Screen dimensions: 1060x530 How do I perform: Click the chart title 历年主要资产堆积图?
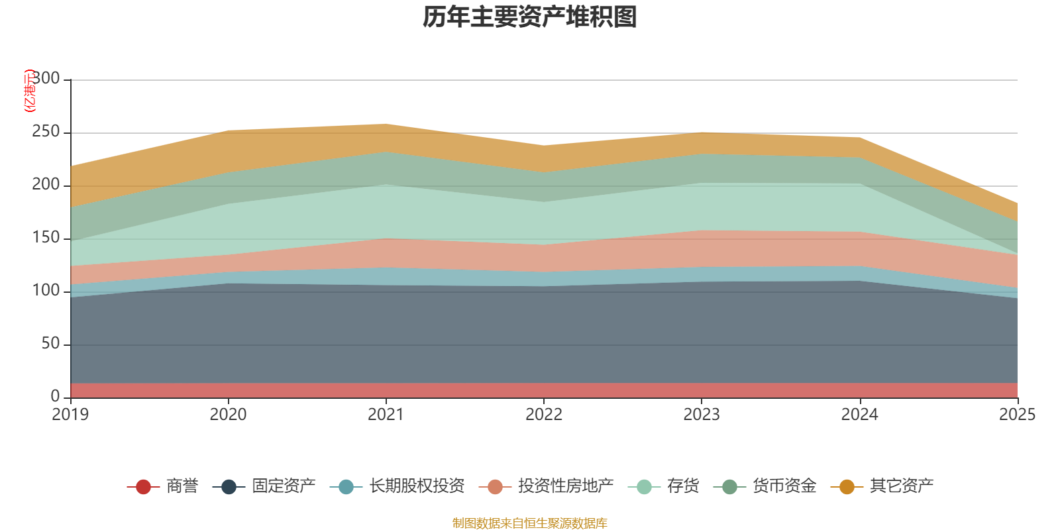[x=529, y=17]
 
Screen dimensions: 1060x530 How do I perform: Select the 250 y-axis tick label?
[x=46, y=131]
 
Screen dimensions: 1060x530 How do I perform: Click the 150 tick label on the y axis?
[x=46, y=237]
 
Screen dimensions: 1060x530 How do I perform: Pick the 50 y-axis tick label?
[x=50, y=343]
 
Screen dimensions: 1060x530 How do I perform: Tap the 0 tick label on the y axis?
[x=56, y=396]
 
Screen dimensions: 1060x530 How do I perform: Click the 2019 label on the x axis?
[x=70, y=415]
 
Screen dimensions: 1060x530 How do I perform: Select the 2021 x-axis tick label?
[x=386, y=415]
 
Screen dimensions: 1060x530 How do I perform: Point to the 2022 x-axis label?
[x=544, y=415]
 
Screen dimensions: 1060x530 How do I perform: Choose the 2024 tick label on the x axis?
[x=860, y=415]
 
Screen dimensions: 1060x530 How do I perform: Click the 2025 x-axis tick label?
[x=1018, y=415]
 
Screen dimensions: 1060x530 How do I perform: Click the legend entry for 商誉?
[x=163, y=486]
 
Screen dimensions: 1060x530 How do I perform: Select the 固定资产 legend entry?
[x=264, y=486]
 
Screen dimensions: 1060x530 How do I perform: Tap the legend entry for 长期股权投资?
[x=397, y=486]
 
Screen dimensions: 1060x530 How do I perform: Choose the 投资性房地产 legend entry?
[x=547, y=486]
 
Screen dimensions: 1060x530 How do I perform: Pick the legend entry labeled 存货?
[x=663, y=486]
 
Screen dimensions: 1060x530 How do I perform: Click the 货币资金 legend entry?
[x=765, y=486]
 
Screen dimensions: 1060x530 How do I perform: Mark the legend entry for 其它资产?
[x=882, y=486]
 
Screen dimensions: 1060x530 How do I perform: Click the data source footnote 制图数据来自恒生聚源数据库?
[x=529, y=523]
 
